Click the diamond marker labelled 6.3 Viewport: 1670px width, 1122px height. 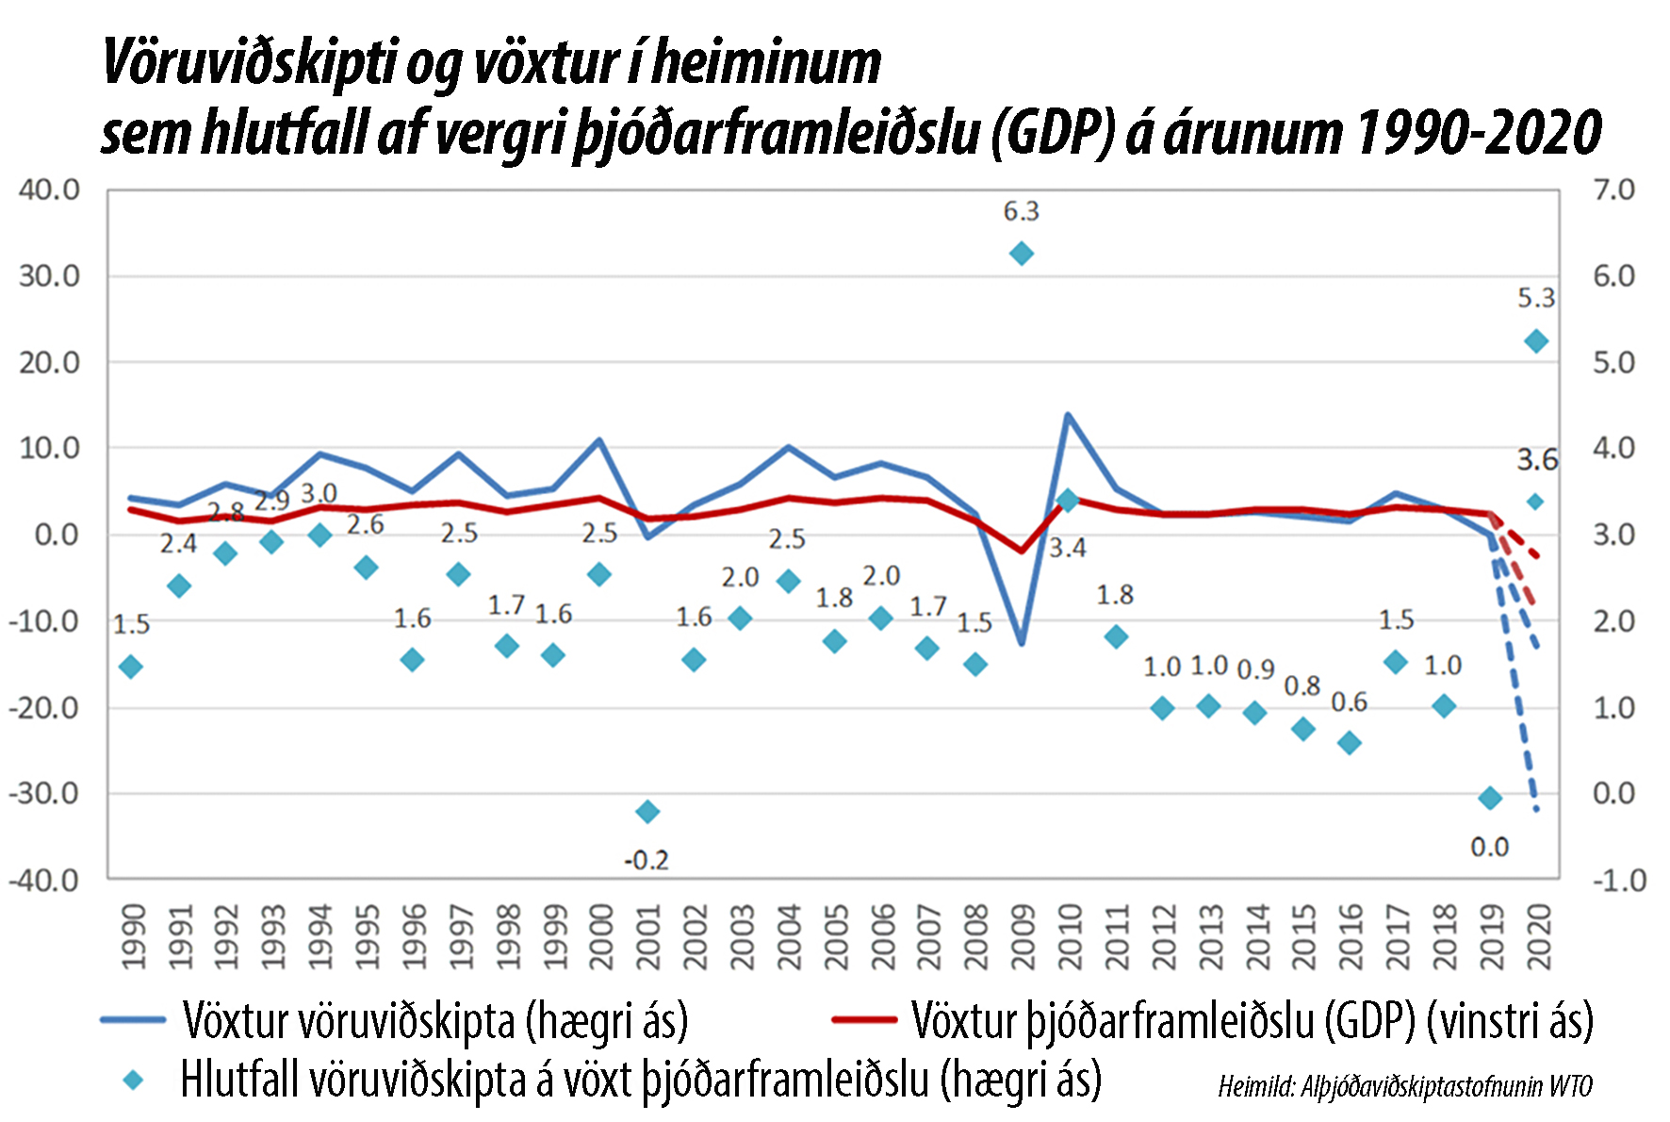tap(1021, 254)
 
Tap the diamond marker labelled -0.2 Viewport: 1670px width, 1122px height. tap(647, 811)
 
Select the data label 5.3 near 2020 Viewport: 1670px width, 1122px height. tap(1535, 298)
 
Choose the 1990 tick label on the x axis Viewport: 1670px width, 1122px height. tap(134, 936)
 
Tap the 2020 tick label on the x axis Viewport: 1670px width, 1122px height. tap(1538, 936)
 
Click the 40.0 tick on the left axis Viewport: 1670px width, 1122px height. tap(49, 190)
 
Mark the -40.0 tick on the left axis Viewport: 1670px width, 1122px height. tap(44, 881)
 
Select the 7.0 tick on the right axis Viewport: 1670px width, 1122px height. tap(1613, 190)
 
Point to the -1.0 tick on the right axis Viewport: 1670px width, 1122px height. tap(1619, 881)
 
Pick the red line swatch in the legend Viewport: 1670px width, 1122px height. tap(863, 1019)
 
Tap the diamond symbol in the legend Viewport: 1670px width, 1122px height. tap(134, 1081)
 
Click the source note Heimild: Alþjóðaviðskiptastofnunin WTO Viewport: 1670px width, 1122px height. tap(1404, 1086)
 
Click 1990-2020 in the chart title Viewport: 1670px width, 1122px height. tap(1477, 132)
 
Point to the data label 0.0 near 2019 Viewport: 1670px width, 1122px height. tap(1489, 847)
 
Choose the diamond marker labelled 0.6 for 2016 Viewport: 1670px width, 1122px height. tap(1350, 743)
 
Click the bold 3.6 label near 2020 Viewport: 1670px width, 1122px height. tap(1537, 460)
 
